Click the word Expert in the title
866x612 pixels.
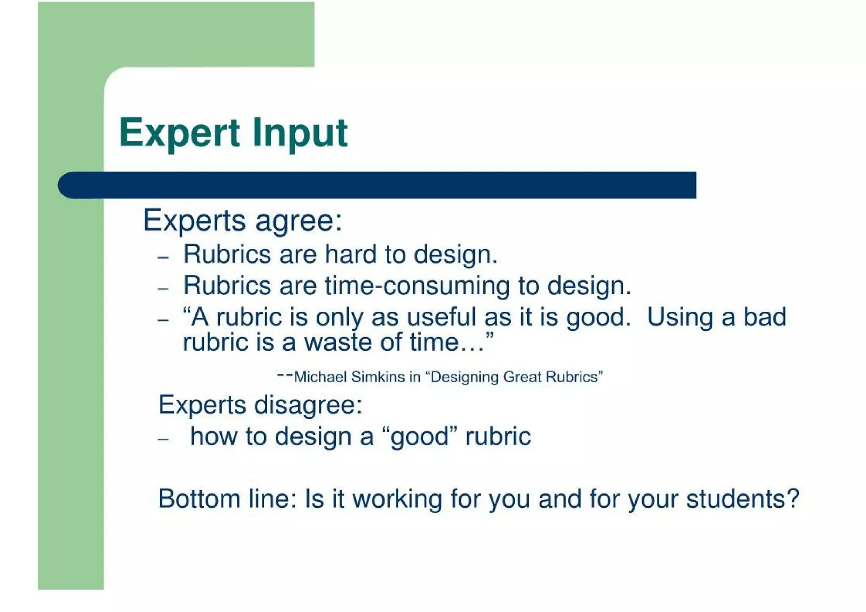click(179, 133)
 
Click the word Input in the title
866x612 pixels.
click(300, 134)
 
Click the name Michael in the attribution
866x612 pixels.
click(320, 377)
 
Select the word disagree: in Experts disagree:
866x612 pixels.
click(308, 405)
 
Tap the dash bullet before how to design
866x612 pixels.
click(163, 439)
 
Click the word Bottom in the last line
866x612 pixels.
click(199, 499)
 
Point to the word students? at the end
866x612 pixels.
click(743, 499)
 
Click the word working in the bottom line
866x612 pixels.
click(397, 499)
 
